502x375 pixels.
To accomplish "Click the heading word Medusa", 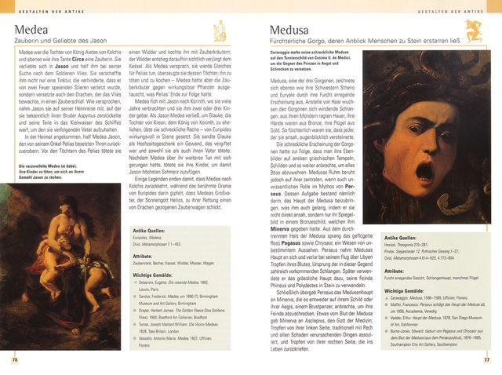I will point(283,31).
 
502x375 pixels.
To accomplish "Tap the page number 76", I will point(15,359).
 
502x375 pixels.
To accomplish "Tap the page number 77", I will point(486,359).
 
